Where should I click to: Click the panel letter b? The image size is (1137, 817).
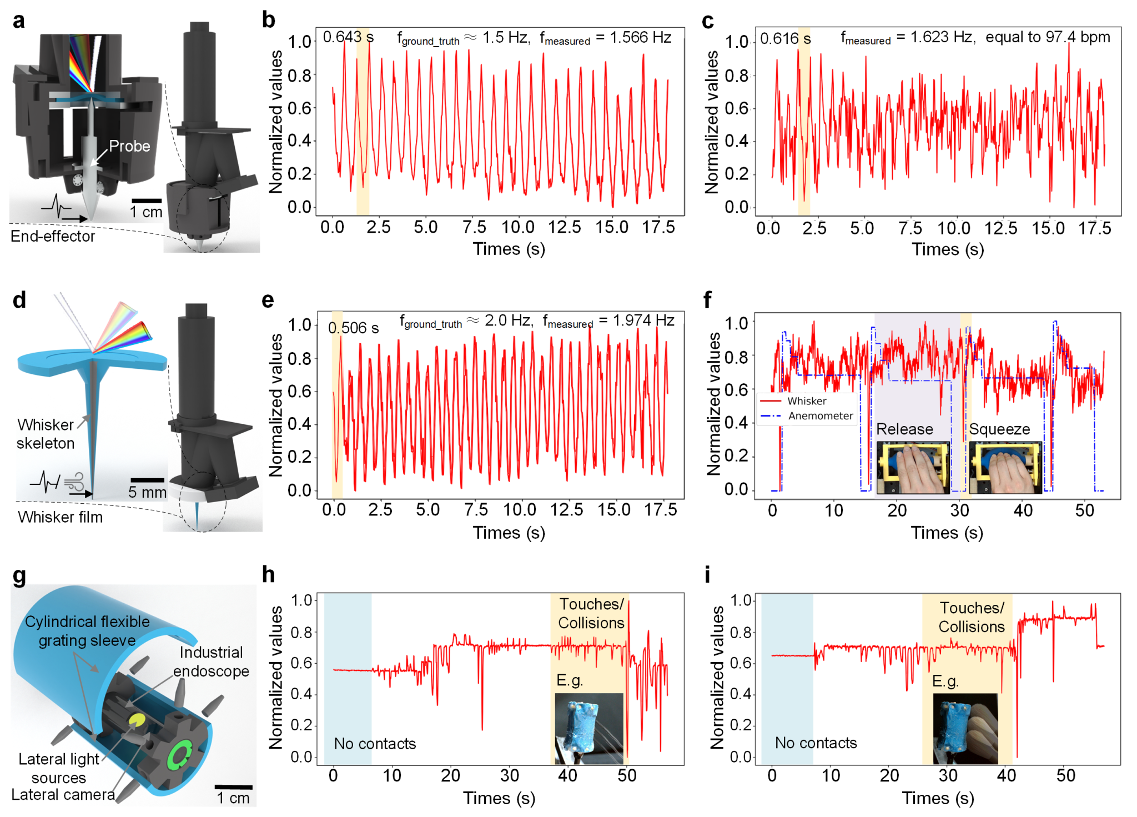(269, 20)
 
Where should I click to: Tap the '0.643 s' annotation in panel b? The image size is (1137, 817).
(348, 37)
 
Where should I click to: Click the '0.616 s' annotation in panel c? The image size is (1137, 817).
(785, 38)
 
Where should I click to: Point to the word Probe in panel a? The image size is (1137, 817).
(129, 146)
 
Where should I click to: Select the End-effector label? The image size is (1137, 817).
(53, 236)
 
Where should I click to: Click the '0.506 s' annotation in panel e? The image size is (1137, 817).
(353, 328)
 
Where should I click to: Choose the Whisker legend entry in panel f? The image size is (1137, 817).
(806, 401)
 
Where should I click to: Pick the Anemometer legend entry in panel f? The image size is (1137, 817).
(820, 415)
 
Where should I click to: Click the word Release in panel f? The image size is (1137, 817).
(904, 429)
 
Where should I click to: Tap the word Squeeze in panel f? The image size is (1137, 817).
(999, 429)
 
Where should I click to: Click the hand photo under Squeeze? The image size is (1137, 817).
(1005, 467)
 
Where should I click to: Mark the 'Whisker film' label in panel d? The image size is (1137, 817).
(60, 517)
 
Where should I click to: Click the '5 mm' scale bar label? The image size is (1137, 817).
(147, 492)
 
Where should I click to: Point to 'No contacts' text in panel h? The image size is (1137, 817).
(375, 743)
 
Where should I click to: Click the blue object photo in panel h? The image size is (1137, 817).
(589, 728)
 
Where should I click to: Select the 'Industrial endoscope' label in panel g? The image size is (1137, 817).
(211, 661)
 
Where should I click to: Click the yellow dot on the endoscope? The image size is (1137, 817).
(137, 720)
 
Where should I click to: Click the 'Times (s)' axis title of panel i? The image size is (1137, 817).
(938, 798)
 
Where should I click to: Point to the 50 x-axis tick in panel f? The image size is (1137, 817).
(1084, 510)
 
